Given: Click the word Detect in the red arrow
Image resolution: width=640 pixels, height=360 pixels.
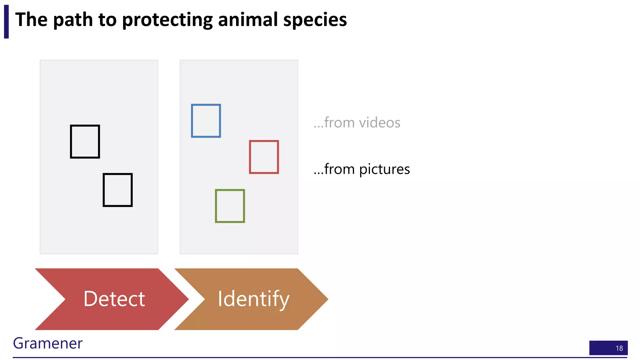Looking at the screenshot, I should [x=114, y=299].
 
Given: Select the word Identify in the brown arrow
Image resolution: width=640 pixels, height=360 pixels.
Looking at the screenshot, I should [x=253, y=299].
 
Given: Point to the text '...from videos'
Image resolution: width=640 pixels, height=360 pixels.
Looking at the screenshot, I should [x=357, y=122].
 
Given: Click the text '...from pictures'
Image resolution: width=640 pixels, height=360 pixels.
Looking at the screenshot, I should [x=362, y=169].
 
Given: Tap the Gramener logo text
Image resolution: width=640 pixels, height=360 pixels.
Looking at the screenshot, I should [x=47, y=343].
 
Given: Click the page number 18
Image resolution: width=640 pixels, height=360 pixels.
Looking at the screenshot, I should [x=619, y=348].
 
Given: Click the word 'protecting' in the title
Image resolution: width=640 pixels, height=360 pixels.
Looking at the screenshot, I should [x=167, y=20].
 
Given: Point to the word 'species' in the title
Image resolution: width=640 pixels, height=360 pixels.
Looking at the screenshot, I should [x=315, y=20].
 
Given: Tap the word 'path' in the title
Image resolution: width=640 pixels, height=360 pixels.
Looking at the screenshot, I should [x=73, y=19].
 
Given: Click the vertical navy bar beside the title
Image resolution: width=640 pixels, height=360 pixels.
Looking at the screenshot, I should [x=6, y=22].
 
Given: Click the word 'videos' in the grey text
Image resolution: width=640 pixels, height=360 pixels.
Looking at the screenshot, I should [x=380, y=122].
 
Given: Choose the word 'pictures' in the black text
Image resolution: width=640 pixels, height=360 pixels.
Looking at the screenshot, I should [x=384, y=169].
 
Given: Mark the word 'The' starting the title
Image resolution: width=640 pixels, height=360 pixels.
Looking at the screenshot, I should [x=31, y=19].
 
